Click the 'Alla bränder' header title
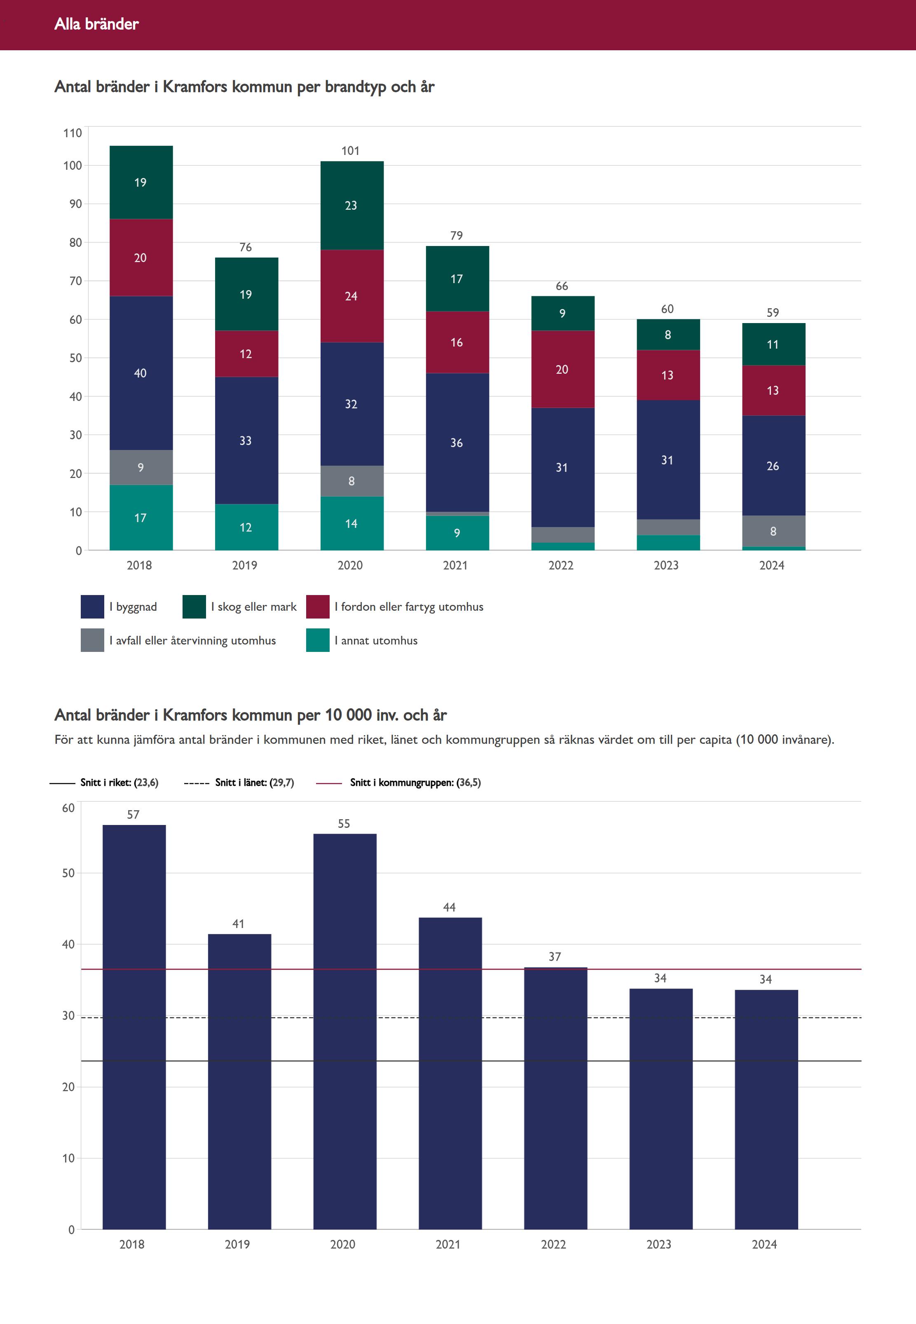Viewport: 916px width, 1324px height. click(x=96, y=24)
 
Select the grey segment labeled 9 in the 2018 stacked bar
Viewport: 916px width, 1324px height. click(x=141, y=467)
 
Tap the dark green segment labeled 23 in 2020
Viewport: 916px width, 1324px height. click(x=351, y=206)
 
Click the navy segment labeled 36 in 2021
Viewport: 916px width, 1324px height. click(x=457, y=443)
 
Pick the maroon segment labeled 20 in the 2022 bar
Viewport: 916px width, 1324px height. click(x=562, y=369)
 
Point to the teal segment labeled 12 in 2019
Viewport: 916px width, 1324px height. click(x=246, y=527)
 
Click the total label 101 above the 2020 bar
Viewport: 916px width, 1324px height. click(x=351, y=151)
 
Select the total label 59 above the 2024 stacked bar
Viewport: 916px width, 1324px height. click(x=773, y=313)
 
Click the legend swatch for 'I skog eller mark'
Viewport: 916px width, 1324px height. click(x=194, y=607)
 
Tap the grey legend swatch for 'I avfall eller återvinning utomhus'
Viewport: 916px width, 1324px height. click(x=92, y=640)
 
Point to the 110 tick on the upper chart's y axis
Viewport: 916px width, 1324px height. click(x=73, y=133)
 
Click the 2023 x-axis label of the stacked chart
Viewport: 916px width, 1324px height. click(x=666, y=565)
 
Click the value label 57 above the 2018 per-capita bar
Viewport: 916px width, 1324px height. click(x=133, y=814)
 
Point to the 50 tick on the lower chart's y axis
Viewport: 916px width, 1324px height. click(x=68, y=873)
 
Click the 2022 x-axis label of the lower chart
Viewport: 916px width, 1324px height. click(x=553, y=1244)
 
